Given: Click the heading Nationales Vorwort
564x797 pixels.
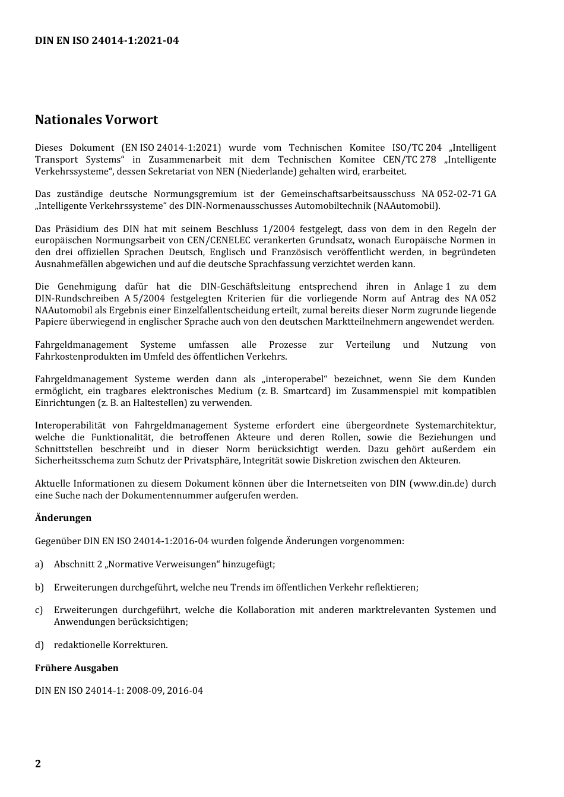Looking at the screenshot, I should [x=96, y=120].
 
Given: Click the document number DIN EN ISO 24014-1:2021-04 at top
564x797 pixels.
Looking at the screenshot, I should [x=107, y=40].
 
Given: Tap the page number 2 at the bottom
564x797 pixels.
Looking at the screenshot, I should [x=38, y=763].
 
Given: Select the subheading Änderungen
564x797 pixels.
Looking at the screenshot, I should [x=63, y=518].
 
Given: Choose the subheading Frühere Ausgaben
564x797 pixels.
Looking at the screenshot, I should [x=77, y=668].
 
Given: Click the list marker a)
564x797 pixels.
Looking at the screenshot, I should [x=39, y=564].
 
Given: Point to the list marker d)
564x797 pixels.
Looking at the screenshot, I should [x=39, y=645].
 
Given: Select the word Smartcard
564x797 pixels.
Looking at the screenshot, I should [x=306, y=391].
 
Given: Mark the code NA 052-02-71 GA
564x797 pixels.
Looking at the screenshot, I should [x=458, y=194].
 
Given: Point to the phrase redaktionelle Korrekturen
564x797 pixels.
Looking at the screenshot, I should [x=110, y=645].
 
